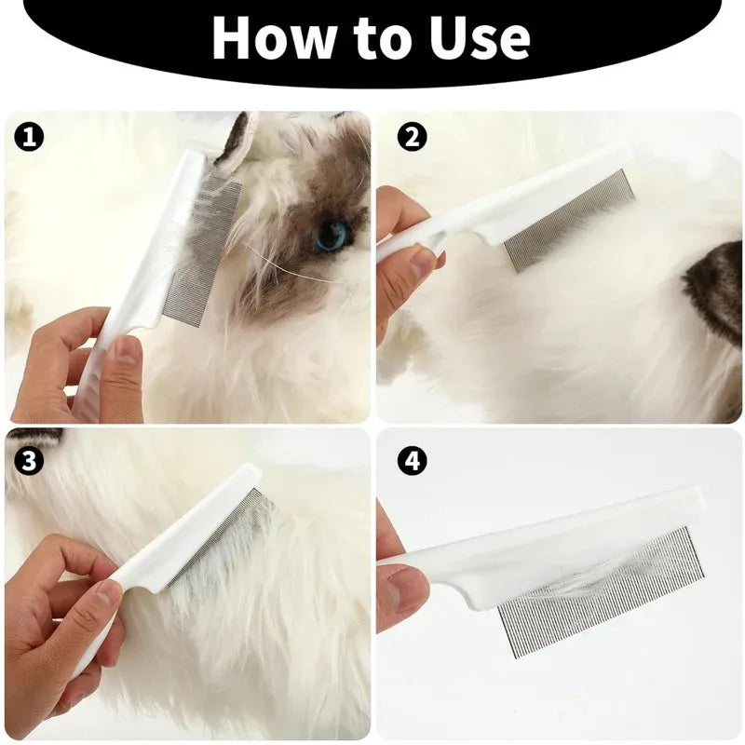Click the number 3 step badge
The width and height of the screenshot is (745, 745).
pyautogui.click(x=29, y=460)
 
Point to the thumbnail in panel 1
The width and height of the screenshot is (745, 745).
pyautogui.click(x=126, y=351)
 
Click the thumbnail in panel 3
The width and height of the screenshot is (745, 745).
pyautogui.click(x=108, y=593)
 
